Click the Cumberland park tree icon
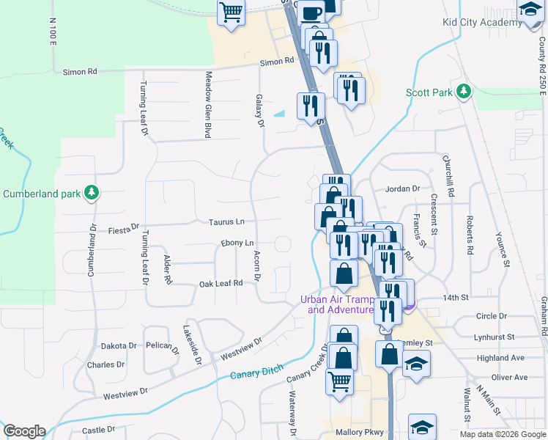[x=91, y=194]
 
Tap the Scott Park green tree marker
[x=463, y=92]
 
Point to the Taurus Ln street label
[x=226, y=221]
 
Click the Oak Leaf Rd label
[x=221, y=283]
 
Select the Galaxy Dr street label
[x=259, y=111]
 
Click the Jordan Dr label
[x=402, y=188]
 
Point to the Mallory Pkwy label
[x=360, y=433]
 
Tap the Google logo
[x=24, y=431]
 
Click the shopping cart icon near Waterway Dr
[x=339, y=380]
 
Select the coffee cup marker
[x=311, y=12]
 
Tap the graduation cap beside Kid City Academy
[x=529, y=10]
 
